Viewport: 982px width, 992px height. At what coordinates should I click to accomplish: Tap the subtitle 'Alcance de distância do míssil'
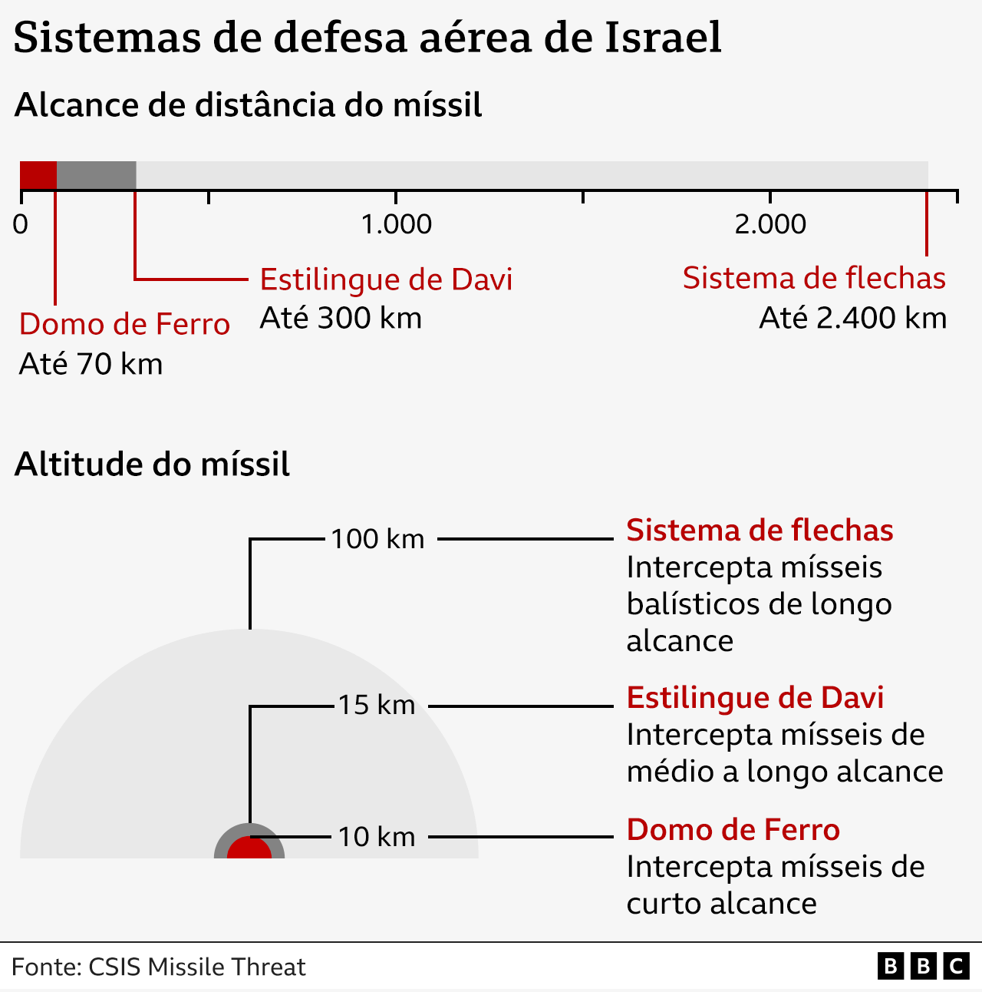tap(248, 105)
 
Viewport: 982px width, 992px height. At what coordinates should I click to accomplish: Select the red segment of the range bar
tap(38, 175)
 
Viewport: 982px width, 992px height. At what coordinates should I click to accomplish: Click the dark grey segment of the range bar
tap(97, 175)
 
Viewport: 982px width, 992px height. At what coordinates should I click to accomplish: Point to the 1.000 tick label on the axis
tap(396, 224)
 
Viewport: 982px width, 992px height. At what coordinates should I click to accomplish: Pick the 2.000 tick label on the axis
tap(770, 224)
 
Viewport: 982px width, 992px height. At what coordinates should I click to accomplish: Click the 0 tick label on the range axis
tap(21, 224)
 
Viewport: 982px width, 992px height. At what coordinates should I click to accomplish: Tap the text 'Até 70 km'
tap(91, 364)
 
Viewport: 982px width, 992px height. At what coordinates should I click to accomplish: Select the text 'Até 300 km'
tap(341, 318)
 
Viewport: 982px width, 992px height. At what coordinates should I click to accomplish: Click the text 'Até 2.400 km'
tap(852, 318)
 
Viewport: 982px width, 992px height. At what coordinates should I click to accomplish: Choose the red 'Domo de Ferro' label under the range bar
tap(124, 324)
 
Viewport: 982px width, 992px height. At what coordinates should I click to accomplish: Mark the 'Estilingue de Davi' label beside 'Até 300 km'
tap(386, 279)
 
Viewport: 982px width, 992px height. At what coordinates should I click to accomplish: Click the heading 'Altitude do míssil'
tap(152, 465)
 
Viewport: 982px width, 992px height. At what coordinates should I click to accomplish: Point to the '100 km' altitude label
tap(377, 539)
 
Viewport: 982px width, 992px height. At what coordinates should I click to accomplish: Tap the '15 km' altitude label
tap(377, 705)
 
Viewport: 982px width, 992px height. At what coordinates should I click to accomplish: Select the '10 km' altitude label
tap(377, 837)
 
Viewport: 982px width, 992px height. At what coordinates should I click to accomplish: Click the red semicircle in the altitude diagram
tap(249, 849)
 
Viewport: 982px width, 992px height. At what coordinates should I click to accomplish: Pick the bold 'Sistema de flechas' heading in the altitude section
tap(760, 531)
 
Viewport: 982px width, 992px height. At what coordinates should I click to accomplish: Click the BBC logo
tap(923, 966)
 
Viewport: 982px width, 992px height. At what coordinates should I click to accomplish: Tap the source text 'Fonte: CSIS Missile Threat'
tap(158, 967)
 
